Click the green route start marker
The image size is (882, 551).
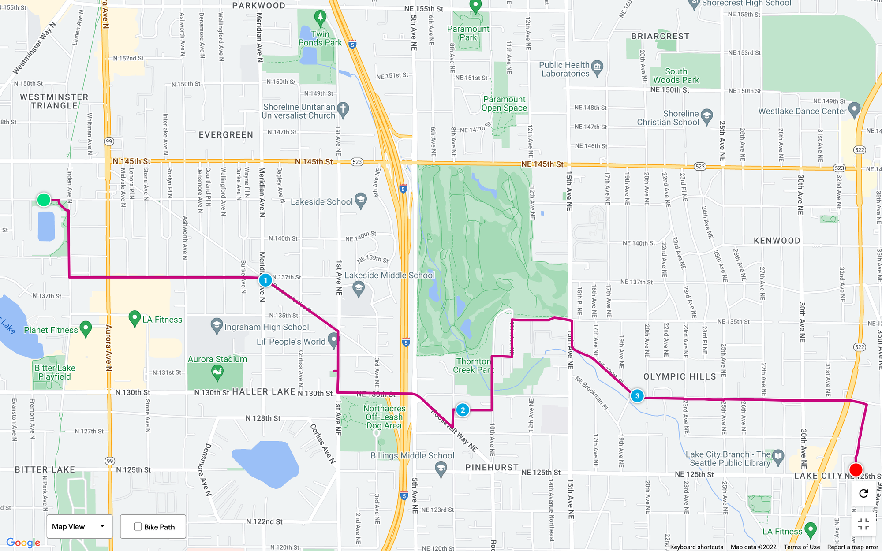tap(44, 200)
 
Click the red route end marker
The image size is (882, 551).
tap(856, 470)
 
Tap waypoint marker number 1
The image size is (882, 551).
tap(265, 280)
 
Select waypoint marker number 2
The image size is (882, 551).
tap(463, 410)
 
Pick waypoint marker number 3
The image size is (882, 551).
tap(637, 396)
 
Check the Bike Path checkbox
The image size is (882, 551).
tap(138, 527)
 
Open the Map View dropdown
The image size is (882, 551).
tap(79, 526)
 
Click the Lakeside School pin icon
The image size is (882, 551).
tap(361, 201)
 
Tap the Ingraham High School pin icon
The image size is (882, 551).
tap(217, 326)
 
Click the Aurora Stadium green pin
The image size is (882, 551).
tap(217, 373)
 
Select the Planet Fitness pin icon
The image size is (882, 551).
tap(86, 329)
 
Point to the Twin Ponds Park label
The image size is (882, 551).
tap(320, 38)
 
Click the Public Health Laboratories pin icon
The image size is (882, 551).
tap(597, 68)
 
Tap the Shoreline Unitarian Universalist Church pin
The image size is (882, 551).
tap(343, 109)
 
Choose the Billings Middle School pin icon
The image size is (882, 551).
tap(441, 469)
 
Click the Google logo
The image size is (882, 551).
tap(23, 543)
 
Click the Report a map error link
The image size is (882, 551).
tap(852, 547)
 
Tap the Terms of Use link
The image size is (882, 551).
tap(802, 547)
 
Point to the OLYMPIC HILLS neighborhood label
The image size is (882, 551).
tap(680, 376)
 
